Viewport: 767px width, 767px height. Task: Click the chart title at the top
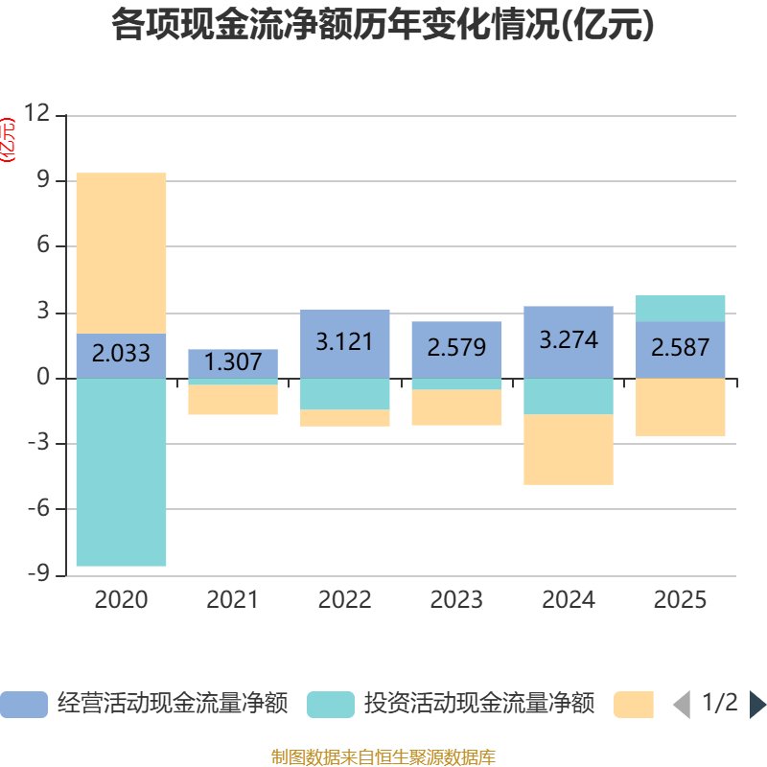click(383, 26)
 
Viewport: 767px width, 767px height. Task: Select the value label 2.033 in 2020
click(121, 353)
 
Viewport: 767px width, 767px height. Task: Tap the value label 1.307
click(233, 362)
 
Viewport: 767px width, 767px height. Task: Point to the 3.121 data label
click(344, 341)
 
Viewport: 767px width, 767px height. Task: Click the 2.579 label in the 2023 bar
click(456, 347)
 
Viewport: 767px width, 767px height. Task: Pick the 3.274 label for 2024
click(569, 340)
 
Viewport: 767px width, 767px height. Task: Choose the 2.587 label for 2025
click(680, 347)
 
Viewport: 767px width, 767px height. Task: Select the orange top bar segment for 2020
click(121, 253)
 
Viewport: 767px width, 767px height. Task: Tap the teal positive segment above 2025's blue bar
click(680, 308)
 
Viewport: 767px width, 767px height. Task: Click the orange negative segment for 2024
click(569, 450)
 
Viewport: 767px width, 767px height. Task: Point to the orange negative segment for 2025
click(680, 407)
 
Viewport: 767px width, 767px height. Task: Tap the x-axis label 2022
click(344, 600)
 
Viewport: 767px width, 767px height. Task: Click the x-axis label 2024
click(569, 600)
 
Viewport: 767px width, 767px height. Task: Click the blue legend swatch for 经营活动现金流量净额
click(23, 705)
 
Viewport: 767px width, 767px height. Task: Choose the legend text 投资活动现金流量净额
click(478, 704)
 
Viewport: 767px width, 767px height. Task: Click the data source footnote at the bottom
click(383, 756)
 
